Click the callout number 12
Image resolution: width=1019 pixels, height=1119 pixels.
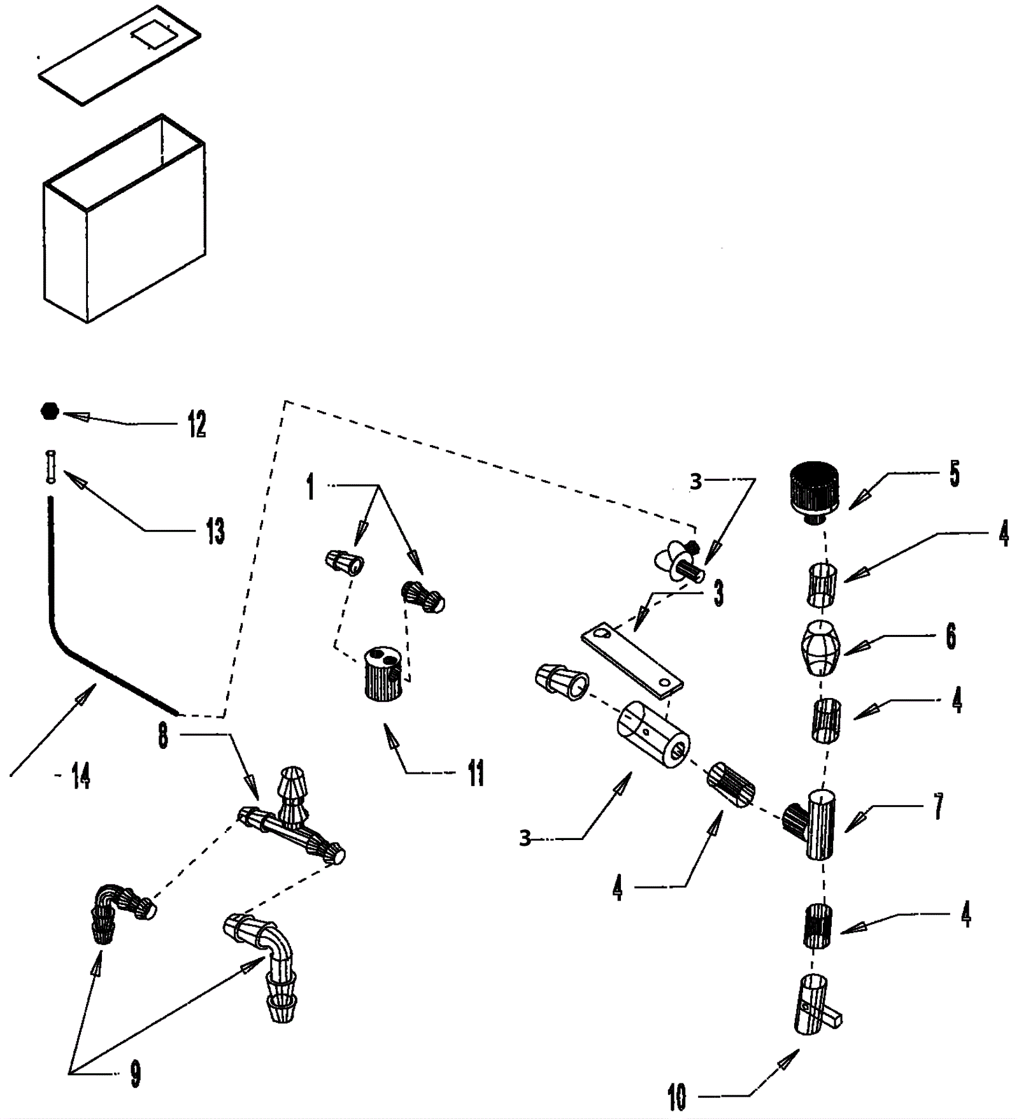pos(197,424)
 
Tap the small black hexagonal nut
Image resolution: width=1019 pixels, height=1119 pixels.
pos(50,411)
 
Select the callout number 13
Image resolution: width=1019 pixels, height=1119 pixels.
pos(215,531)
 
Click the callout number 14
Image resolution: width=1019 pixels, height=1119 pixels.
pos(80,776)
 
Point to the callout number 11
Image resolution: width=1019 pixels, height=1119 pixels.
pos(476,773)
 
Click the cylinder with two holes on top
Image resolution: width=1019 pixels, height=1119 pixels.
pos(383,673)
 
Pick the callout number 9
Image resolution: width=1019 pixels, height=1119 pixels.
pos(135,1074)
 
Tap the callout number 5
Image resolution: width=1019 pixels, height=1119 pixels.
pos(954,474)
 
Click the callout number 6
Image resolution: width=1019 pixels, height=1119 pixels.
pos(951,636)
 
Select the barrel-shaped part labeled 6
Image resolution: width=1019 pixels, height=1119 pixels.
pos(821,648)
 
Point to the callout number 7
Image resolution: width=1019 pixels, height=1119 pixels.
pos(938,806)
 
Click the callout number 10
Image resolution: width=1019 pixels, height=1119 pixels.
pos(677,1097)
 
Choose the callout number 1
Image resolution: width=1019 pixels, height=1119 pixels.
pos(310,487)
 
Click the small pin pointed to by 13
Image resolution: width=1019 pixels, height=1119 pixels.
pos(51,467)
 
